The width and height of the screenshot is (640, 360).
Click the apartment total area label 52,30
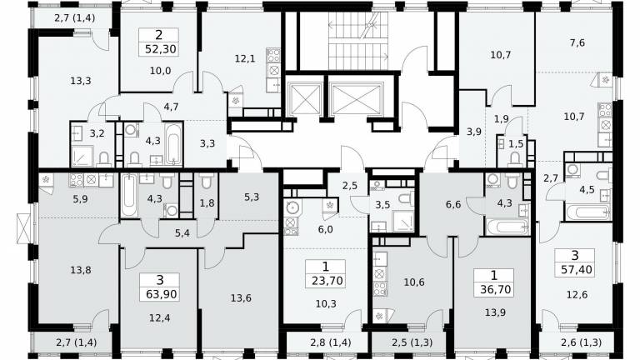(x=161, y=49)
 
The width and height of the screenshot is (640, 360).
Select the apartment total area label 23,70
(x=327, y=281)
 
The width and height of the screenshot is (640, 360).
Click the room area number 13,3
(x=80, y=81)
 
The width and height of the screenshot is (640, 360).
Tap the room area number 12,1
(x=245, y=58)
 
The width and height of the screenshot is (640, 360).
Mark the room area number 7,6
(x=577, y=42)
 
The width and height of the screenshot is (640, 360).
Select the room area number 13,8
(x=80, y=270)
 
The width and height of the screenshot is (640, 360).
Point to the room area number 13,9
(x=496, y=312)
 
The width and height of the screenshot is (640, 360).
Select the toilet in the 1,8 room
(x=207, y=181)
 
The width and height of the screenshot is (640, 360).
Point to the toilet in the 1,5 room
(x=515, y=158)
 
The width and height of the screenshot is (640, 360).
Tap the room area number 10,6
(x=414, y=282)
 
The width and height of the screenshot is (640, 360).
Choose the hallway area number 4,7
(x=171, y=107)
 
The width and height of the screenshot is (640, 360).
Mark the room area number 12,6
(x=577, y=294)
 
